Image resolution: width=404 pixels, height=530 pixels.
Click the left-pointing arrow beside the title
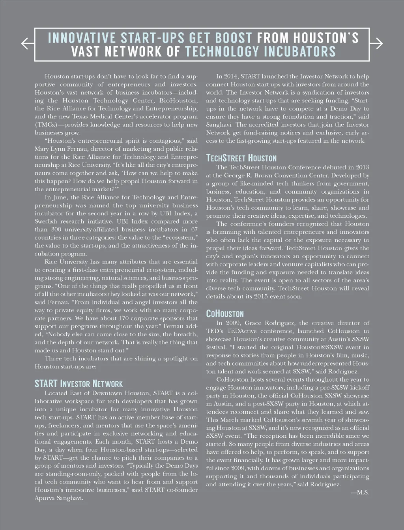click(x=27, y=43)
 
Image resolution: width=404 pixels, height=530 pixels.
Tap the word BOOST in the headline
click(x=233, y=38)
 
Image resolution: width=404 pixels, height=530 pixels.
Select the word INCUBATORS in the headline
click(x=300, y=52)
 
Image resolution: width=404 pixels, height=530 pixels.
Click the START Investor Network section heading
click(x=79, y=384)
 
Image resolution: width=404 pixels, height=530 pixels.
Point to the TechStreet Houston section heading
click(x=241, y=158)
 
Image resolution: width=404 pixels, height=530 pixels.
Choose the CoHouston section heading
click(x=225, y=314)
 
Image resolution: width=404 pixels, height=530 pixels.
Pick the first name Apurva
click(x=45, y=498)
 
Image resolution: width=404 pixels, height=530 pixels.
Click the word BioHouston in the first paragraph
click(x=178, y=101)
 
